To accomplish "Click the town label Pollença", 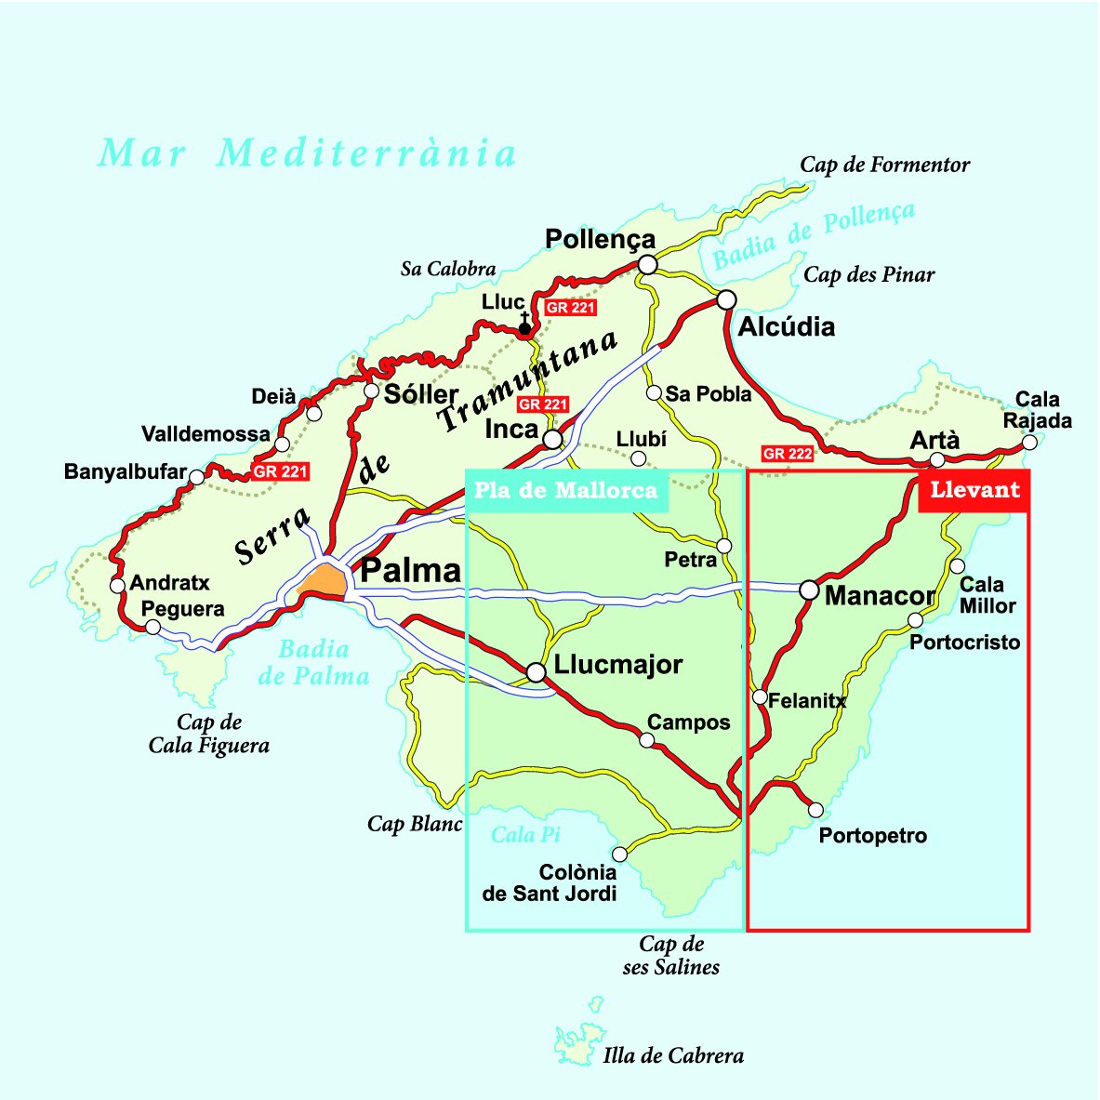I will (x=600, y=240).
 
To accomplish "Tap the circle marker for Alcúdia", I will (x=726, y=299).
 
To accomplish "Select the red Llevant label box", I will (x=974, y=490).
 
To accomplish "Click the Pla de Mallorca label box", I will (x=565, y=490).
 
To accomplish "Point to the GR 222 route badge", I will (x=787, y=454).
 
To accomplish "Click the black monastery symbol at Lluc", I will (x=524, y=325).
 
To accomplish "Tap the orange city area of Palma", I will (x=323, y=580).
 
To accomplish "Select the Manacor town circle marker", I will (x=809, y=590).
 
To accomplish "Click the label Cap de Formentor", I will (x=884, y=166).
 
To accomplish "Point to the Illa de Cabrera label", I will (x=673, y=1055).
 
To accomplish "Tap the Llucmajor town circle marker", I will (x=536, y=671).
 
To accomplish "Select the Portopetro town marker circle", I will (x=815, y=810).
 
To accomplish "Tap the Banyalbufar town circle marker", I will (x=196, y=477).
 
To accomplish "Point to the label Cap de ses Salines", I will (x=670, y=956).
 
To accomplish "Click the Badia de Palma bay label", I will (x=313, y=662).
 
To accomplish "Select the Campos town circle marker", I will (x=647, y=740).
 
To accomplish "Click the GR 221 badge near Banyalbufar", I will (x=280, y=472).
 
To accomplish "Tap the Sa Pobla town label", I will (x=708, y=394).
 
